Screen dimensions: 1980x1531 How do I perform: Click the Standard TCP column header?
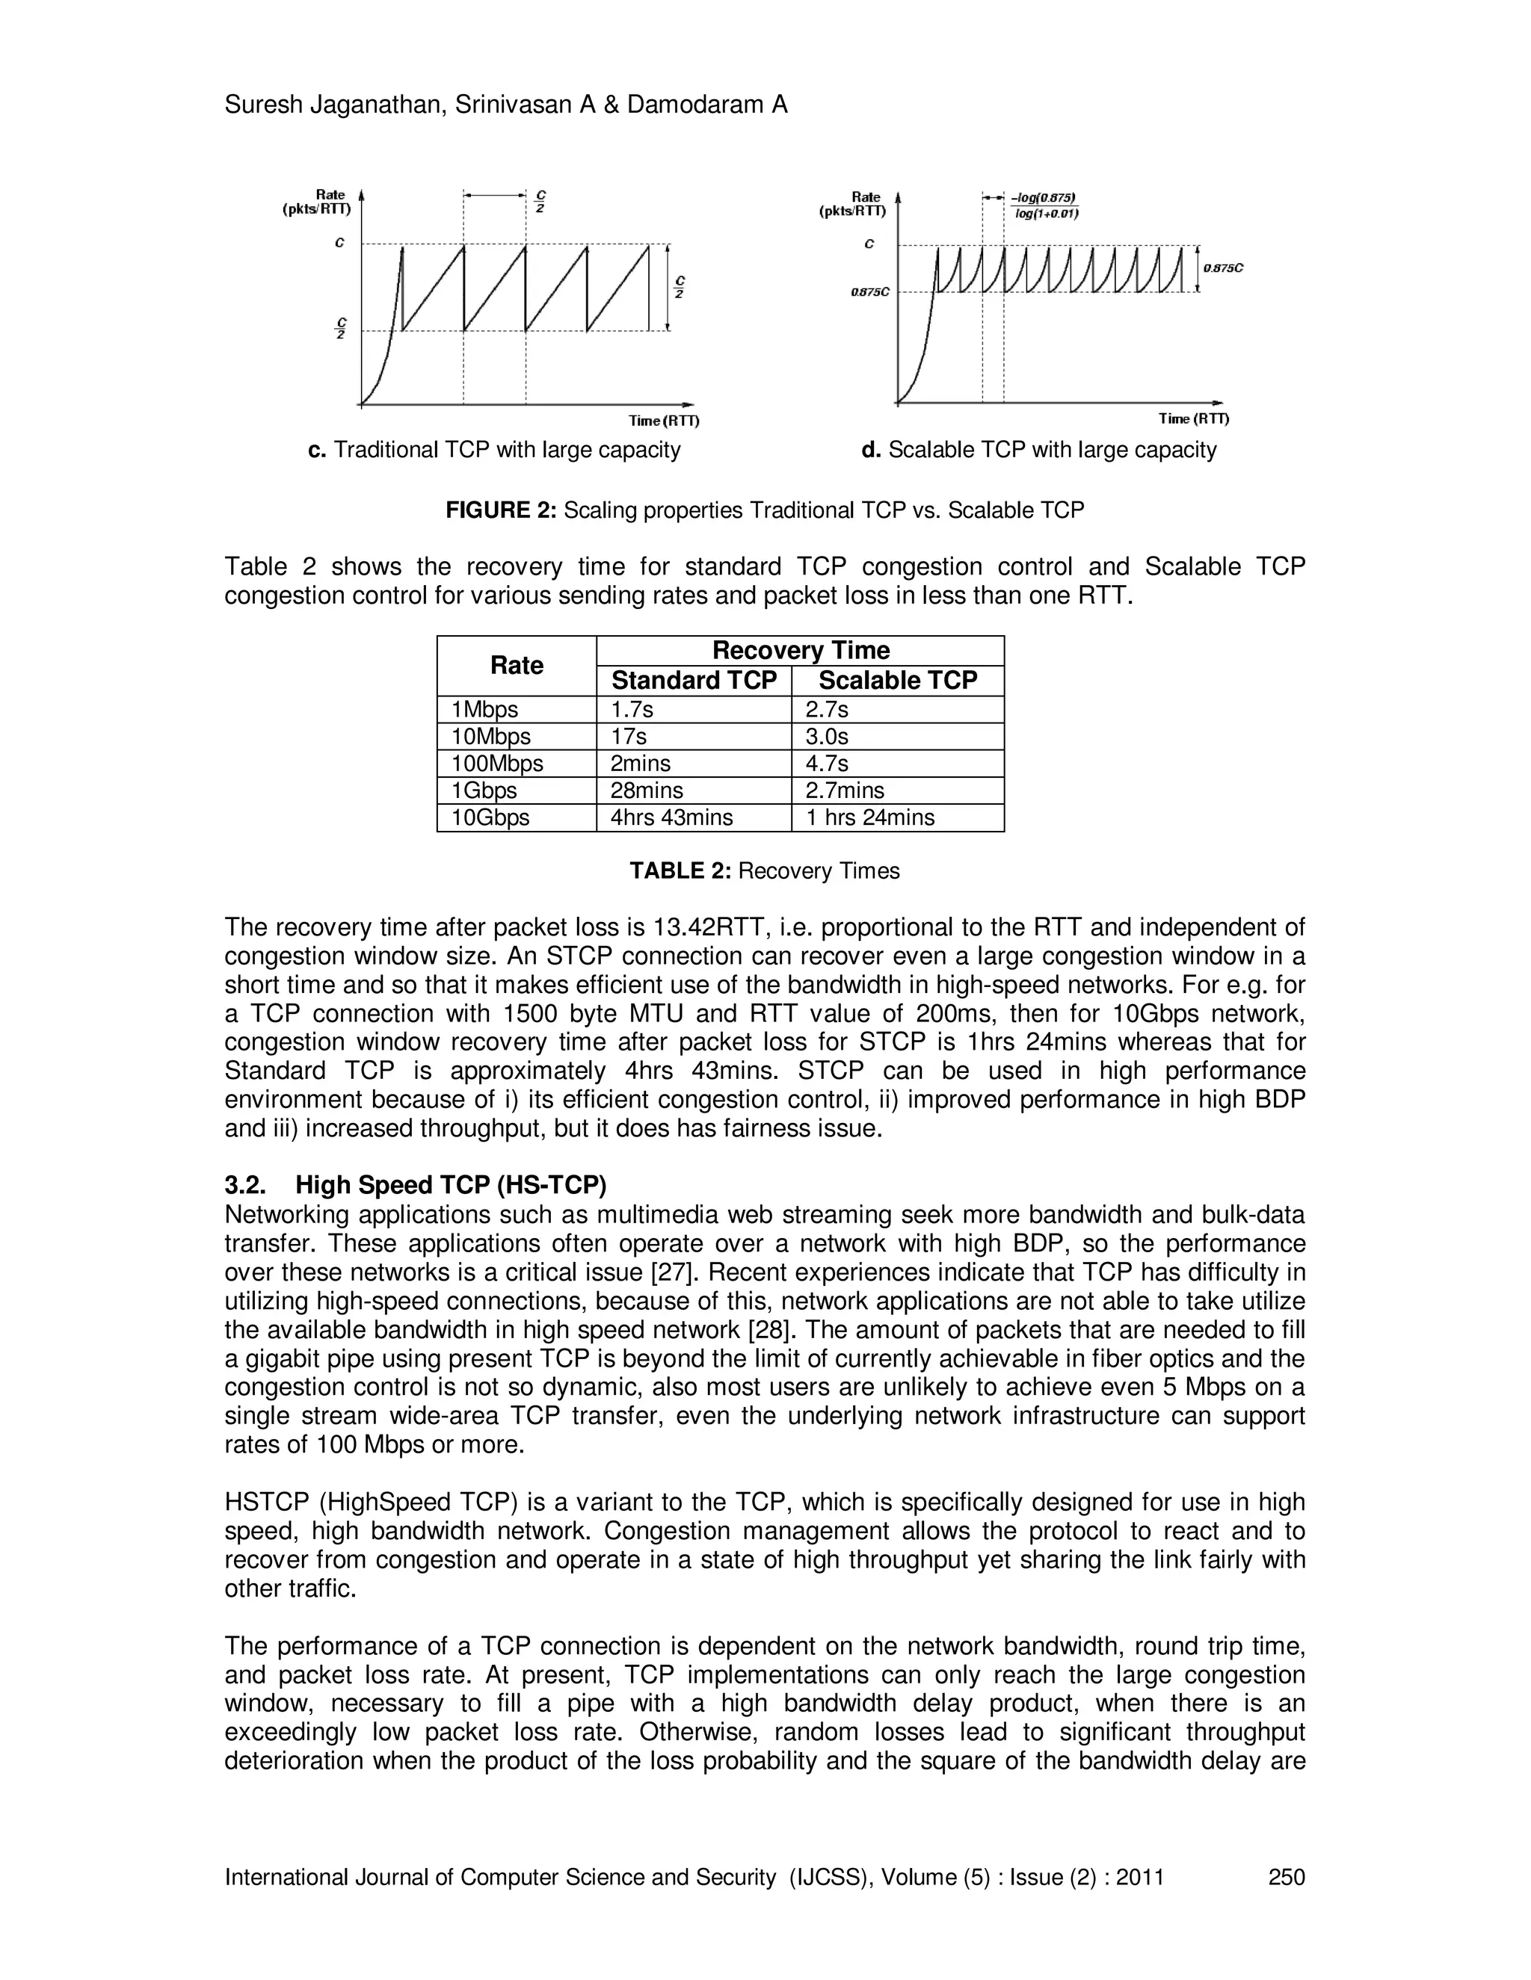click(x=694, y=681)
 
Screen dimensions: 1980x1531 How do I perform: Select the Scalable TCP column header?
click(x=897, y=681)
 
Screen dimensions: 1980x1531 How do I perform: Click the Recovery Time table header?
click(x=800, y=650)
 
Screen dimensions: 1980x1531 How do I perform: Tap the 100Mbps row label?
click(x=497, y=764)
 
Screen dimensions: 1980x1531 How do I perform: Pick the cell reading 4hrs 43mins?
click(x=671, y=817)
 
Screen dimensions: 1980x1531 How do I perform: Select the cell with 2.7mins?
click(x=845, y=791)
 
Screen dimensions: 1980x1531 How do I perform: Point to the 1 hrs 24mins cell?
click(x=870, y=817)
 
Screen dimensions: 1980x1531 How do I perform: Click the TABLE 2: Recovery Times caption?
click(x=765, y=871)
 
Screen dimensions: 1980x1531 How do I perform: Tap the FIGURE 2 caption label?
click(x=501, y=510)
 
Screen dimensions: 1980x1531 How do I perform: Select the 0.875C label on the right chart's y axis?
click(x=869, y=292)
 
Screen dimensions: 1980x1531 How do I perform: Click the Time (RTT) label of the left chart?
click(x=664, y=421)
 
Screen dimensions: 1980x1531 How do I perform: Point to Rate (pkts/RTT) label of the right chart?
click(x=852, y=204)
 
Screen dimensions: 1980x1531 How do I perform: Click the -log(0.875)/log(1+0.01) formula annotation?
click(x=1045, y=205)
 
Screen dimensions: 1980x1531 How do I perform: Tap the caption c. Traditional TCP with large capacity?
click(x=494, y=450)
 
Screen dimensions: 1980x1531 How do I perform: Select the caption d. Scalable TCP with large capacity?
click(x=1038, y=450)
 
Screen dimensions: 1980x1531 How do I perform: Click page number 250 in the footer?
click(x=1286, y=1877)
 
